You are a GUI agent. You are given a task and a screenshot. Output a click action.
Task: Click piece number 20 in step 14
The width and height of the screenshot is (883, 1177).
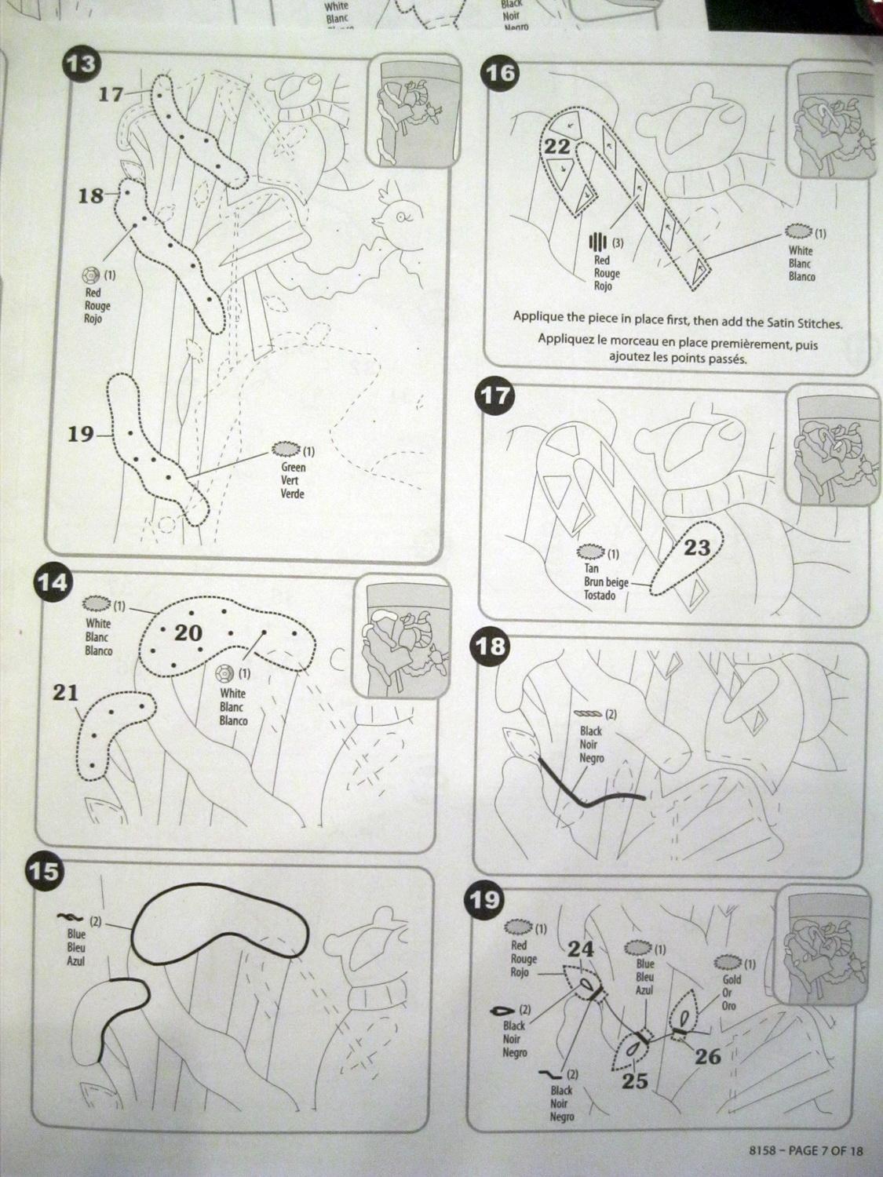188,633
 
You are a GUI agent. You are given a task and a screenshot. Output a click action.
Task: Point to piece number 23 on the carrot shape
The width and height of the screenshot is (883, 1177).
697,548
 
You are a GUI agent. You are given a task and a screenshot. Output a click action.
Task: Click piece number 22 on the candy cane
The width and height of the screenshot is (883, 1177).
557,147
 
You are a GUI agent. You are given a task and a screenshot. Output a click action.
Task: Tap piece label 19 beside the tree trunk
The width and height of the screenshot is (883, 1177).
81,434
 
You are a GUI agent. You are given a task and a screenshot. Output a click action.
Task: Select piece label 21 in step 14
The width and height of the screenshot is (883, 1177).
65,694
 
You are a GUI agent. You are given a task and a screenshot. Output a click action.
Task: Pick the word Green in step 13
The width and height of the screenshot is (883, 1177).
293,467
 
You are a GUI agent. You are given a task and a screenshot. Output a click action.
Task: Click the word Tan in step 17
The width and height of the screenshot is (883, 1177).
590,568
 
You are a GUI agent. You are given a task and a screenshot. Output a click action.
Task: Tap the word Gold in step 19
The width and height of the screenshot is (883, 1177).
732,979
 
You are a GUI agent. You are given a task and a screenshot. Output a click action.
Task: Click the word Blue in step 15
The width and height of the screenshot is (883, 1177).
76,934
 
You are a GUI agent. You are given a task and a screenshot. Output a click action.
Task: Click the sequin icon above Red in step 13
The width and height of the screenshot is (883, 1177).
89,276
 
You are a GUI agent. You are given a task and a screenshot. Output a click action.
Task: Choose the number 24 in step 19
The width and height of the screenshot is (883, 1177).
581,949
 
